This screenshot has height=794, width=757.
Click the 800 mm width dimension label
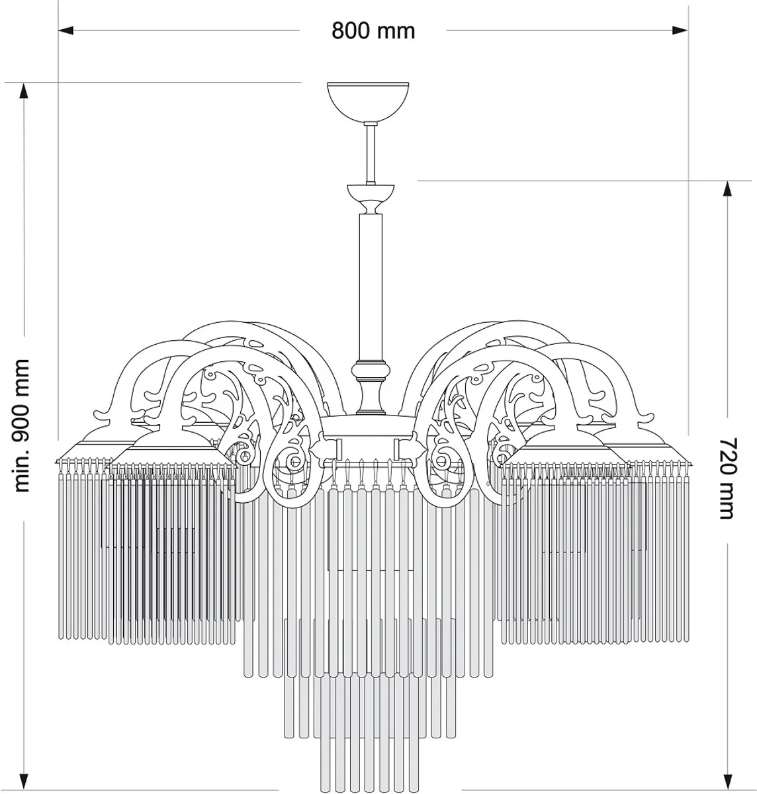[373, 30]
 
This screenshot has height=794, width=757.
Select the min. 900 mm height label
[22, 425]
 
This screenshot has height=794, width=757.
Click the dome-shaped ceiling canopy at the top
[369, 99]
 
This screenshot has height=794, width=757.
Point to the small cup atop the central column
[371, 196]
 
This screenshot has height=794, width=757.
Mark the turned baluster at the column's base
[371, 387]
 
